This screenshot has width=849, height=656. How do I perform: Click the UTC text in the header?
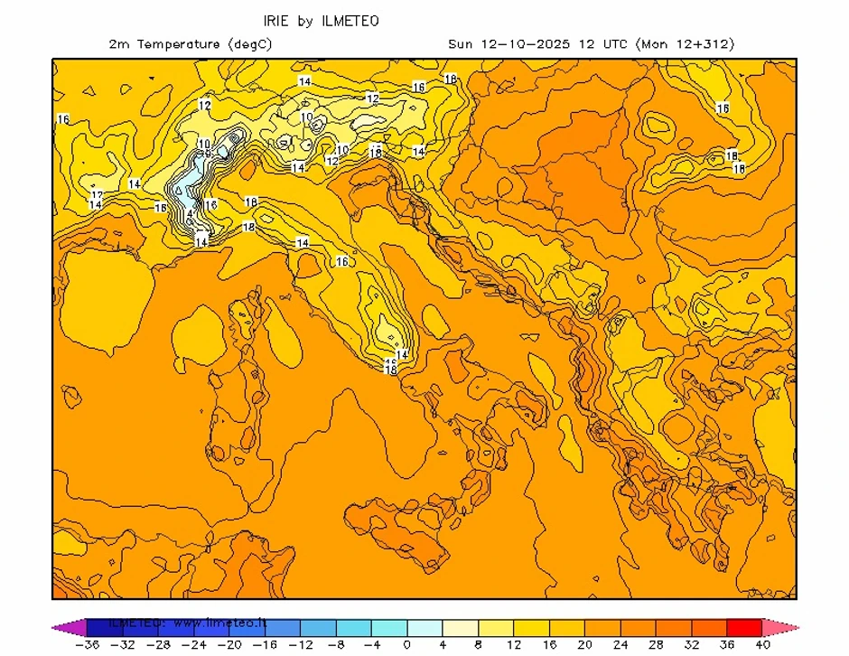tap(613, 43)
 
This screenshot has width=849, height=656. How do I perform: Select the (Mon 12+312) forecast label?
tap(686, 43)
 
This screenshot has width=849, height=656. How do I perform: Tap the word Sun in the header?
tap(461, 43)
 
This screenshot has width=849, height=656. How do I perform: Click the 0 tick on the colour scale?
tap(406, 645)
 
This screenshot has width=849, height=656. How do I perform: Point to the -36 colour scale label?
tap(87, 645)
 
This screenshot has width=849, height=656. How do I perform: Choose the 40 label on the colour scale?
tap(762, 645)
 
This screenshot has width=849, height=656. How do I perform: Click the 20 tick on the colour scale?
tap(584, 645)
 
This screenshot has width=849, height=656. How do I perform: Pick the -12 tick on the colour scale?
tap(300, 645)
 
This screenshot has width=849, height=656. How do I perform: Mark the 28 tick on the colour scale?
tap(656, 645)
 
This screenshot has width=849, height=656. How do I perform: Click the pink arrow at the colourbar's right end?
tap(780, 627)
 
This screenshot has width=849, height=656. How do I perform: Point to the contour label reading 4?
tap(190, 214)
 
